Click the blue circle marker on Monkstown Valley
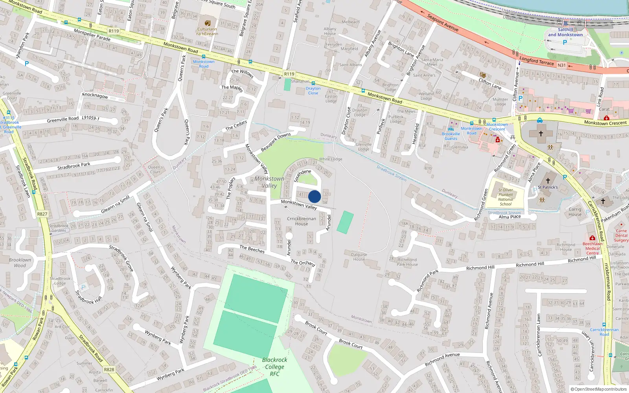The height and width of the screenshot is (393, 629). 314,196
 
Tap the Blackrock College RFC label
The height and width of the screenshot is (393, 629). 274,367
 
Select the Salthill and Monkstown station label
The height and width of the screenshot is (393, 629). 565,32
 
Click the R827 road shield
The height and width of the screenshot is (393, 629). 42,214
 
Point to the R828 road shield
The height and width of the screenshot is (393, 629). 109,369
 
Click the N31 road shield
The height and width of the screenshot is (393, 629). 562,65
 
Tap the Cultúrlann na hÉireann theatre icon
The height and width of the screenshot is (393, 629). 208,23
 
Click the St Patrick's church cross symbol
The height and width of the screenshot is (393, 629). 548,181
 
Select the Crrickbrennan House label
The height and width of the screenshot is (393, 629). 302,221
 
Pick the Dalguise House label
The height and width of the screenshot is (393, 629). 359,257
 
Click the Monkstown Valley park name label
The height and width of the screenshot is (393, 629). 269,182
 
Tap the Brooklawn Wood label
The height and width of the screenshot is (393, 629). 20,263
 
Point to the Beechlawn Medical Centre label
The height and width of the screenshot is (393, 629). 592,248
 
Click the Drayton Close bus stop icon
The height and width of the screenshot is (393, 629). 313,83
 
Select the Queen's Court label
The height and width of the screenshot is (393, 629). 155,169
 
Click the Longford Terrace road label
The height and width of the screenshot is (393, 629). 537,61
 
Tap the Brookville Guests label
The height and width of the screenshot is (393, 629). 451,136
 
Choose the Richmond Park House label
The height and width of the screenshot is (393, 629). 407,262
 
